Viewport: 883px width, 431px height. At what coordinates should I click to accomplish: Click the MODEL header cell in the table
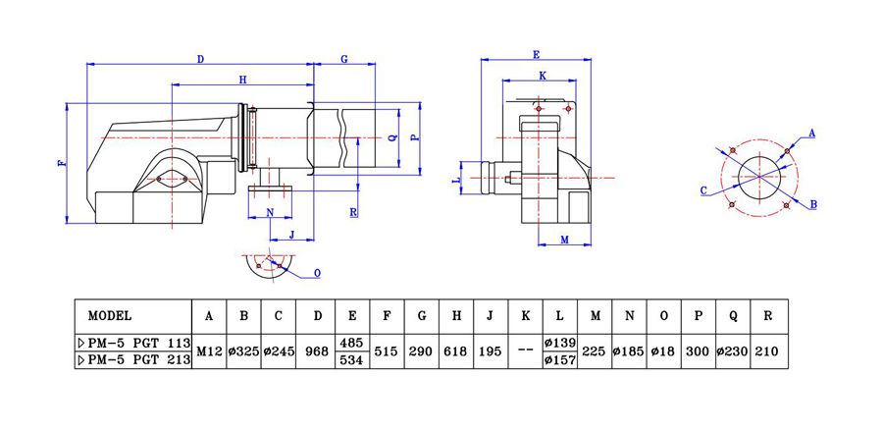[x=110, y=316]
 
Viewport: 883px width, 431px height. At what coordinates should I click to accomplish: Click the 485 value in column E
[x=352, y=343]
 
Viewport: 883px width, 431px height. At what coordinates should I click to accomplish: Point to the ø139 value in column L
[x=559, y=343]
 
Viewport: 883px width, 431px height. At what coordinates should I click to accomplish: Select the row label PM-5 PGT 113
[x=132, y=343]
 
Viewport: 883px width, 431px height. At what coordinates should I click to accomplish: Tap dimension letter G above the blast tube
[x=344, y=60]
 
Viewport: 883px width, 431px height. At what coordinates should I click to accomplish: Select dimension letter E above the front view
[x=536, y=53]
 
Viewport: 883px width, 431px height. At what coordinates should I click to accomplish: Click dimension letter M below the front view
[x=565, y=240]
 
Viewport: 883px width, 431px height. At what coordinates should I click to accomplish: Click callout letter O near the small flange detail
[x=316, y=272]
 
